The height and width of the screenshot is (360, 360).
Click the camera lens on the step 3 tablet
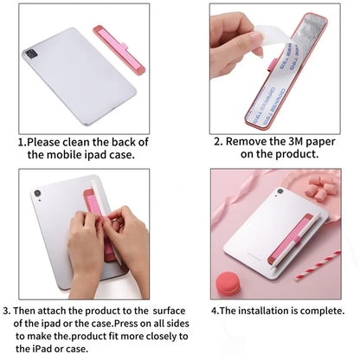(38, 194)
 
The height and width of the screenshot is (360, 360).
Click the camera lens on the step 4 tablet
(279, 192)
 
